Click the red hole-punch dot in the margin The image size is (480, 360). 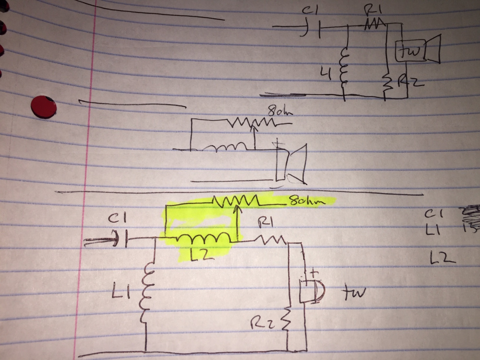(x=43, y=107)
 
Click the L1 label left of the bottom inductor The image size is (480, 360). (x=118, y=291)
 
